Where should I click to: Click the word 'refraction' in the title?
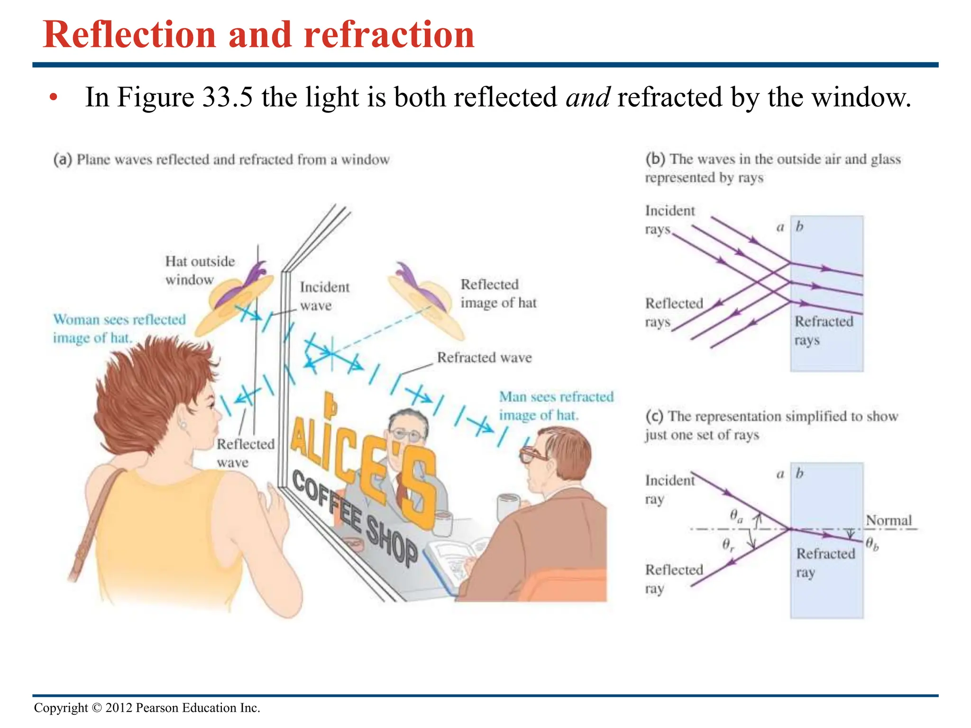coord(389,35)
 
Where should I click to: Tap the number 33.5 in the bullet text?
coord(228,97)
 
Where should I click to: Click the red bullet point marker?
coord(54,98)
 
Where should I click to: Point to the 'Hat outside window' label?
coord(199,270)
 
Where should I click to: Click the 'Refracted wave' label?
coord(484,357)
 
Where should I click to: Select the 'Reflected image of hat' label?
coord(498,293)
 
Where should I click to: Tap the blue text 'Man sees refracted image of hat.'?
coord(556,406)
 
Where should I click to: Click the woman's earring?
coord(183,425)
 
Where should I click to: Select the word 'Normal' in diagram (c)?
coord(889,520)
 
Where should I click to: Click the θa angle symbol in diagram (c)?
coord(735,516)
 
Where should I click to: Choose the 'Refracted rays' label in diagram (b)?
coord(824,330)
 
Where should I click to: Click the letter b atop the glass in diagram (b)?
coord(799,227)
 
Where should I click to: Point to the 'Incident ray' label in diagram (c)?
coord(669,489)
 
